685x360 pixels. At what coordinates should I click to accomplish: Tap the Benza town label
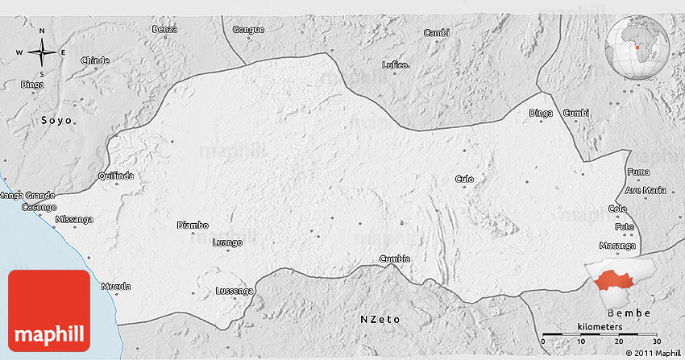(x=164, y=30)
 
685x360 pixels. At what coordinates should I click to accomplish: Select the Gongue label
(x=248, y=30)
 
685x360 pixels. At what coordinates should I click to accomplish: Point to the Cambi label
(x=436, y=32)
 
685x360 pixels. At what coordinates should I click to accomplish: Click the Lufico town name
(x=396, y=64)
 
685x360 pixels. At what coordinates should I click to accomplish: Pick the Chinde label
(x=95, y=60)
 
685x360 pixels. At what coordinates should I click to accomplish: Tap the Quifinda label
(x=115, y=176)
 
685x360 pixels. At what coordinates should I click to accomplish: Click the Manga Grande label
(x=27, y=195)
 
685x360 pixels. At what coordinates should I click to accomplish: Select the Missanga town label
(x=74, y=219)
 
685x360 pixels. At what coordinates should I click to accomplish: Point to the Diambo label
(x=193, y=226)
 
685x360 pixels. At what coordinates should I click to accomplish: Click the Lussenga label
(x=235, y=291)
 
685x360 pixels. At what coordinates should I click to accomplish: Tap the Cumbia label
(x=395, y=259)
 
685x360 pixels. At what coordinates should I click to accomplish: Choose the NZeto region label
(x=380, y=320)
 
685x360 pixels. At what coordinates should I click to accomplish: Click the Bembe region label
(x=629, y=312)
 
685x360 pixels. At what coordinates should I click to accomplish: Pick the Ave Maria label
(x=646, y=190)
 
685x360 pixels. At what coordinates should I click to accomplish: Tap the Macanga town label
(x=618, y=245)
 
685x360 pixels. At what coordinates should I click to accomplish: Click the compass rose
(x=42, y=53)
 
